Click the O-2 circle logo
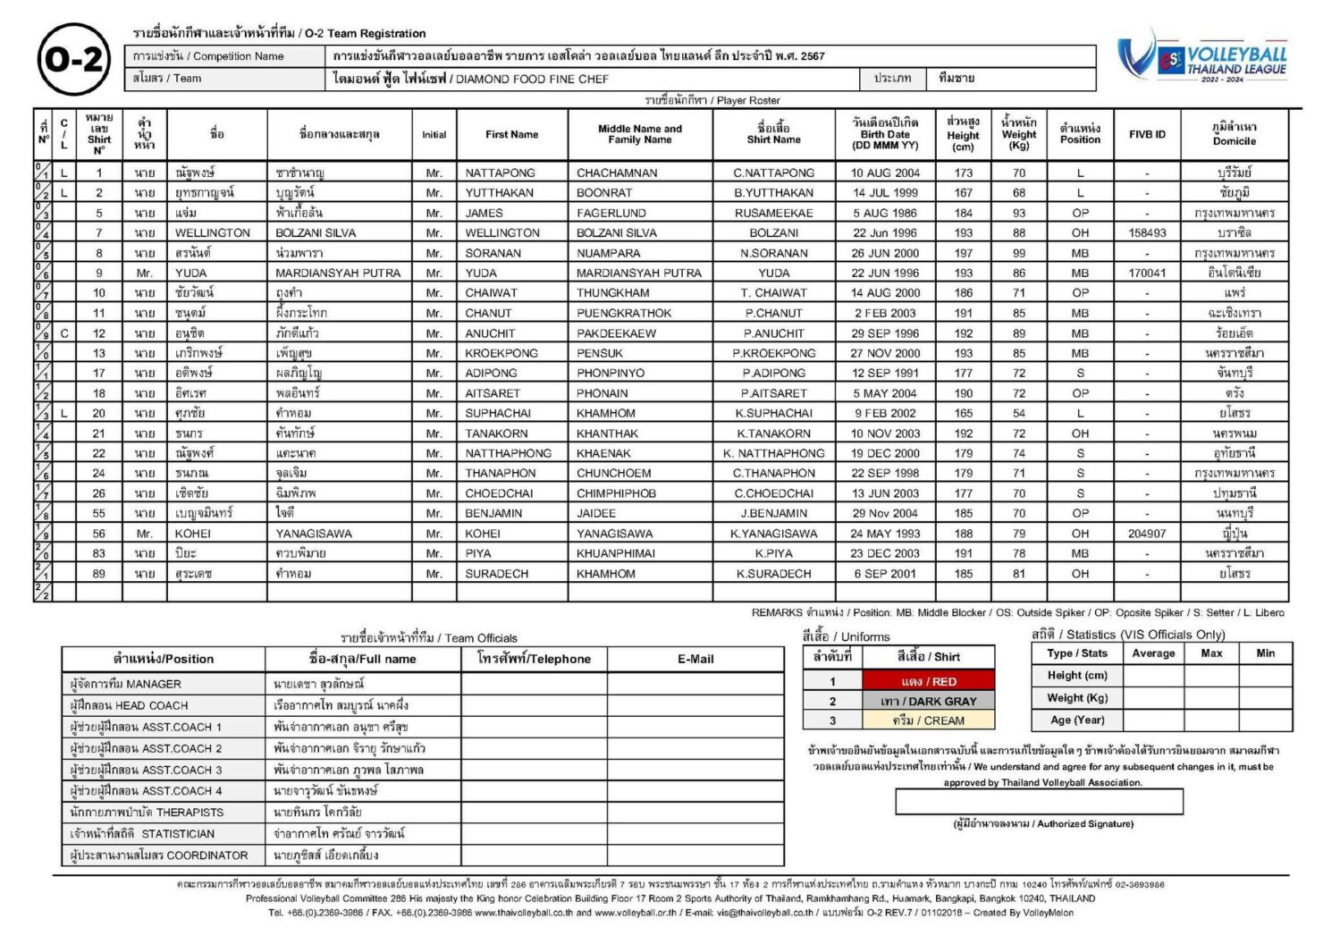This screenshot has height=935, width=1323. pyautogui.click(x=74, y=60)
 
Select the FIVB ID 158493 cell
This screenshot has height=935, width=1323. pyautogui.click(x=1147, y=233)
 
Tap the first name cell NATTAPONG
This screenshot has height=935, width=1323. pyautogui.click(x=500, y=173)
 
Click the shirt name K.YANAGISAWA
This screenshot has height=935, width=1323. pyautogui.click(x=773, y=534)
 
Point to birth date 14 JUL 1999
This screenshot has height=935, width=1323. pyautogui.click(x=885, y=193)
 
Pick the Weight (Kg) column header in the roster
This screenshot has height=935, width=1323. pyautogui.click(x=1018, y=134)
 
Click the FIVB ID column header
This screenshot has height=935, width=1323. pyautogui.click(x=1147, y=135)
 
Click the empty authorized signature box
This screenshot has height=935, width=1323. pyautogui.click(x=1039, y=802)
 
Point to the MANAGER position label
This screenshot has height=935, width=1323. pyautogui.click(x=126, y=685)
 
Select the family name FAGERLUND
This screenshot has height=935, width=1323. pyautogui.click(x=611, y=214)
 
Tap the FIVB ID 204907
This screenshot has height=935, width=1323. pyautogui.click(x=1147, y=534)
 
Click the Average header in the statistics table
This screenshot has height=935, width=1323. pyautogui.click(x=1153, y=653)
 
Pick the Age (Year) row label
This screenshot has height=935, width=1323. pyautogui.click(x=1077, y=720)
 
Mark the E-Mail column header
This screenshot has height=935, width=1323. pyautogui.click(x=695, y=660)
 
